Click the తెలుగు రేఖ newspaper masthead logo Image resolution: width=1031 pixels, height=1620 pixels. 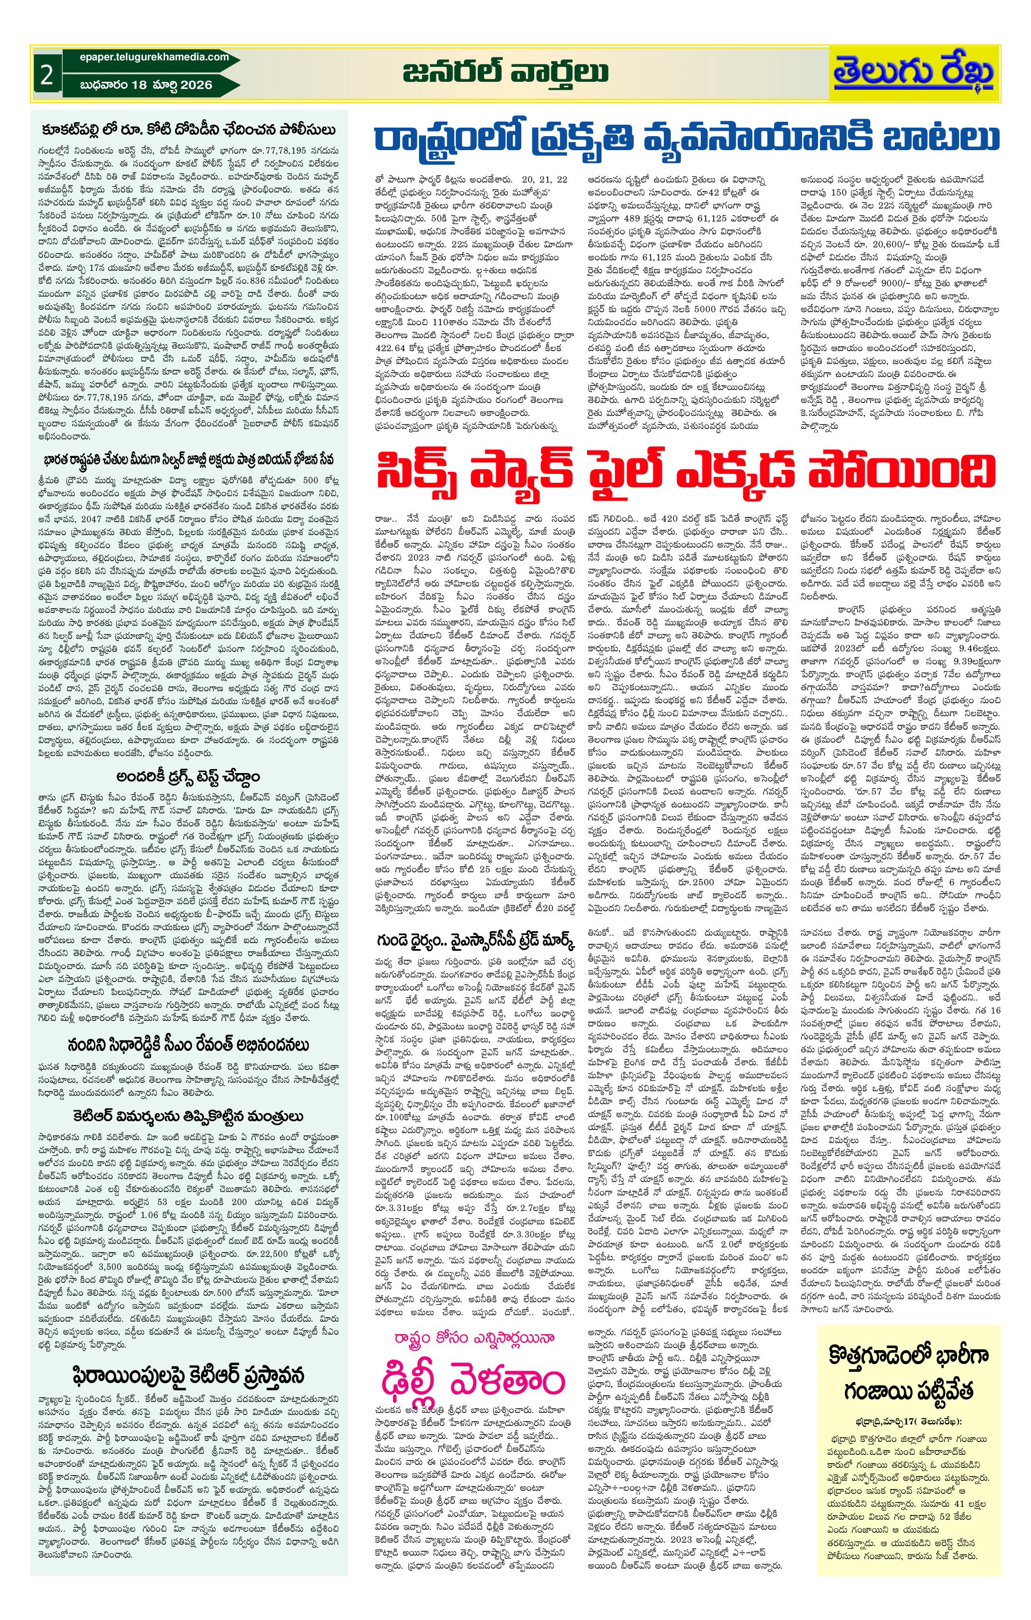[915, 73]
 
